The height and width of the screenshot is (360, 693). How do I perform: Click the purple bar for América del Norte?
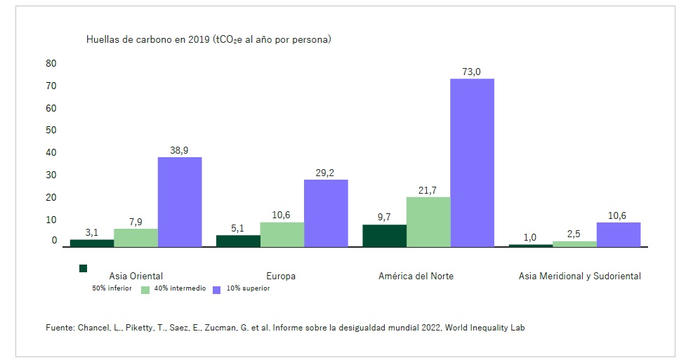click(x=472, y=163)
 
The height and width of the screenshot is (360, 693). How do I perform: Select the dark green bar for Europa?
click(x=238, y=241)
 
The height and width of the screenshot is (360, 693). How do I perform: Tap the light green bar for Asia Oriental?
click(x=136, y=238)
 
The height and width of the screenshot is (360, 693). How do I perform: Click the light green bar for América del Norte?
click(x=428, y=222)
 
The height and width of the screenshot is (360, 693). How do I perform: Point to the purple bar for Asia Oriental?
click(x=180, y=202)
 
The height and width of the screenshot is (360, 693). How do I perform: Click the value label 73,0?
click(x=471, y=72)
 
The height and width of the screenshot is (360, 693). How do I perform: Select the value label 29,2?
click(x=326, y=173)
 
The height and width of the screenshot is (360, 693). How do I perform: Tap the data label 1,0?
click(x=530, y=236)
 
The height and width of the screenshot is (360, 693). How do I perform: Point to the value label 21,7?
click(x=428, y=189)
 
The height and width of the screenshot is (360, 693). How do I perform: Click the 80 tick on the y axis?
click(x=51, y=63)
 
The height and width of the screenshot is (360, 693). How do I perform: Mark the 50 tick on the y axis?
click(x=51, y=130)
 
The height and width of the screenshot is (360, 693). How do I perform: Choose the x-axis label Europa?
click(x=281, y=276)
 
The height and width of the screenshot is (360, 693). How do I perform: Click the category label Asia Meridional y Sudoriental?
click(x=580, y=276)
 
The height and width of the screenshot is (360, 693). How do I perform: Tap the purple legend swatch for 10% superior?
click(x=217, y=289)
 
